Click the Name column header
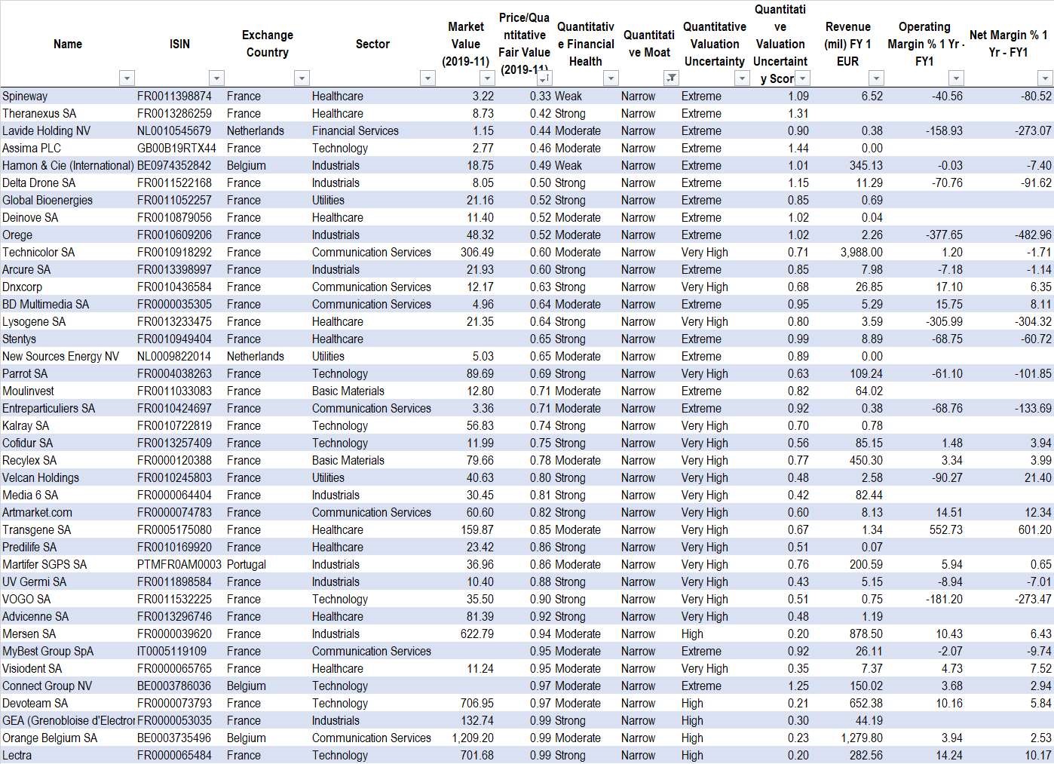point(67,44)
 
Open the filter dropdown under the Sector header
point(427,78)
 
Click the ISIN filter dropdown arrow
point(216,78)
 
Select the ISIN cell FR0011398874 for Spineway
point(174,97)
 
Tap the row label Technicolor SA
point(38,253)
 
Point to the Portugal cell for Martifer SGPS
point(247,565)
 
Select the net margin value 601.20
point(1034,530)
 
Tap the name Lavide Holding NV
point(46,131)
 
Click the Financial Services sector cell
point(355,131)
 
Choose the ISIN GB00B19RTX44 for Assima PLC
point(176,149)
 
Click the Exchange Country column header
point(267,44)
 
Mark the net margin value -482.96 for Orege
point(1033,235)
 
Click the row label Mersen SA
point(29,634)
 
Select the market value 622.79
point(477,634)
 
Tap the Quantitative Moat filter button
point(670,78)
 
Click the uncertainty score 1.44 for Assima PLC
point(798,149)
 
